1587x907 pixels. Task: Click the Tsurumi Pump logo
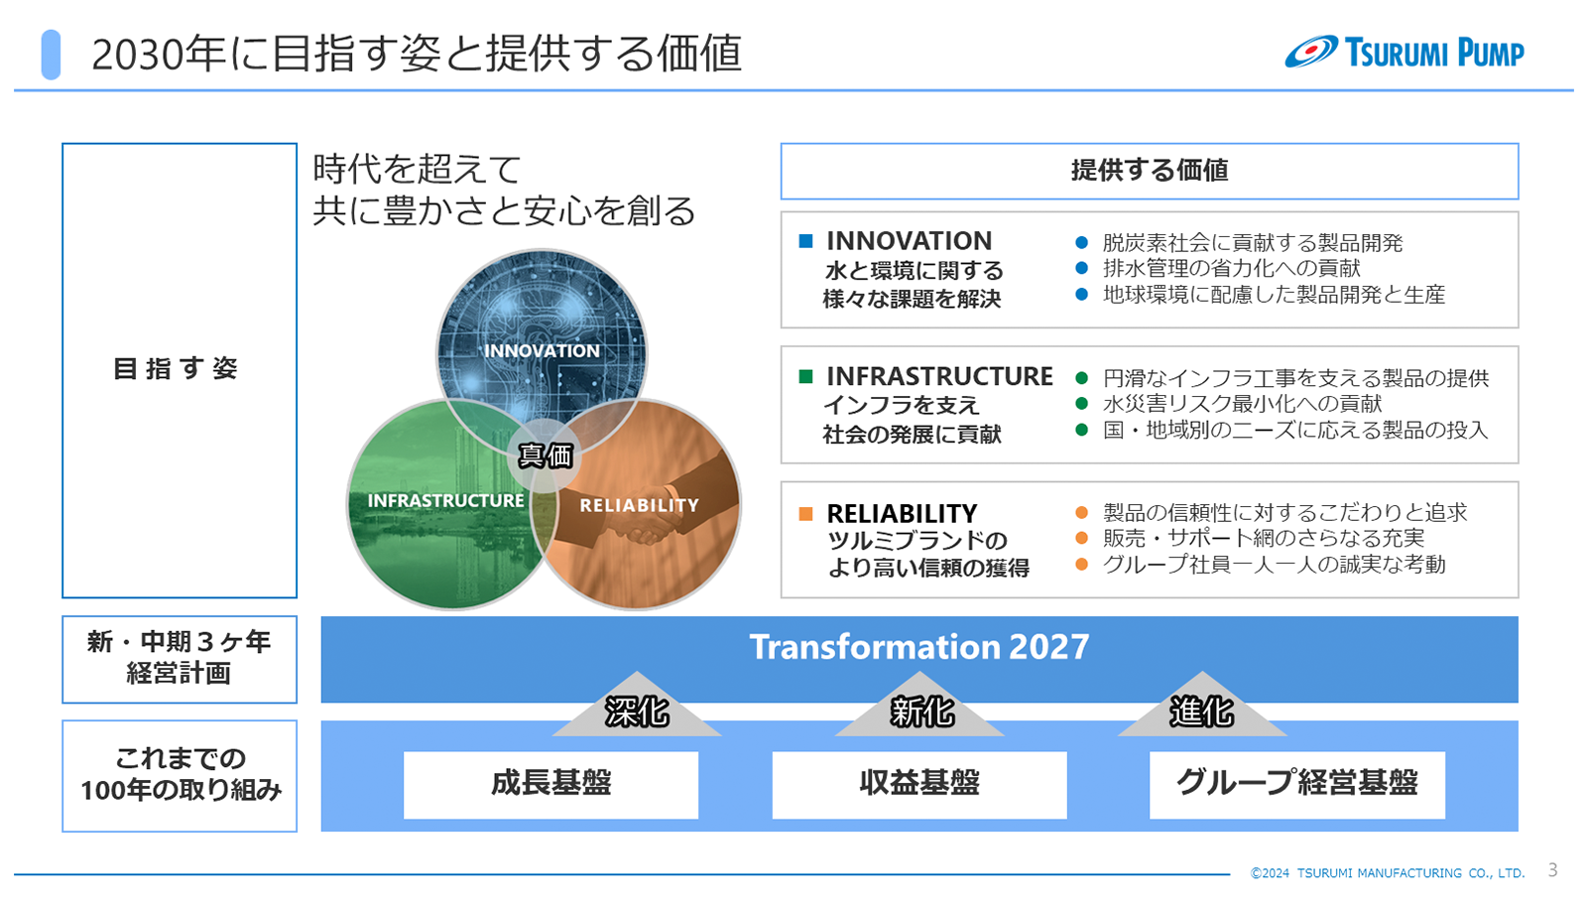(x=1404, y=52)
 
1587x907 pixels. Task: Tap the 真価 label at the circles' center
(x=545, y=455)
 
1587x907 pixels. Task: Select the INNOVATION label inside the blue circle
(x=542, y=350)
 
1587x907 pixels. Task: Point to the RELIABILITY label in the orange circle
(x=639, y=505)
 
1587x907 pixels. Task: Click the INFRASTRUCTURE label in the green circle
(x=445, y=500)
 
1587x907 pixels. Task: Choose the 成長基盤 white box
(x=550, y=784)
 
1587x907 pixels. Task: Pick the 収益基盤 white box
(x=918, y=784)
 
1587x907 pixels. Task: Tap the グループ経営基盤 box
(x=1296, y=784)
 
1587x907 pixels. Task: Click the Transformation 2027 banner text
(x=918, y=646)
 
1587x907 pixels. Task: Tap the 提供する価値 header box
(x=1150, y=171)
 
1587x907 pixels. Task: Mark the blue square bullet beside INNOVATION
(x=805, y=241)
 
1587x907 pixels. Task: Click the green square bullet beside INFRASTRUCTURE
(x=805, y=376)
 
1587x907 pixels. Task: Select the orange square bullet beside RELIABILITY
(x=805, y=514)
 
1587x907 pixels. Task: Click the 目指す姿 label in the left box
(x=176, y=368)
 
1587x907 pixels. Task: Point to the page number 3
(x=1553, y=869)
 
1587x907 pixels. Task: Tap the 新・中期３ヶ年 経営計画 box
(x=180, y=659)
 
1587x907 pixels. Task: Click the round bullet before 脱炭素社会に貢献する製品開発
(x=1081, y=242)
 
